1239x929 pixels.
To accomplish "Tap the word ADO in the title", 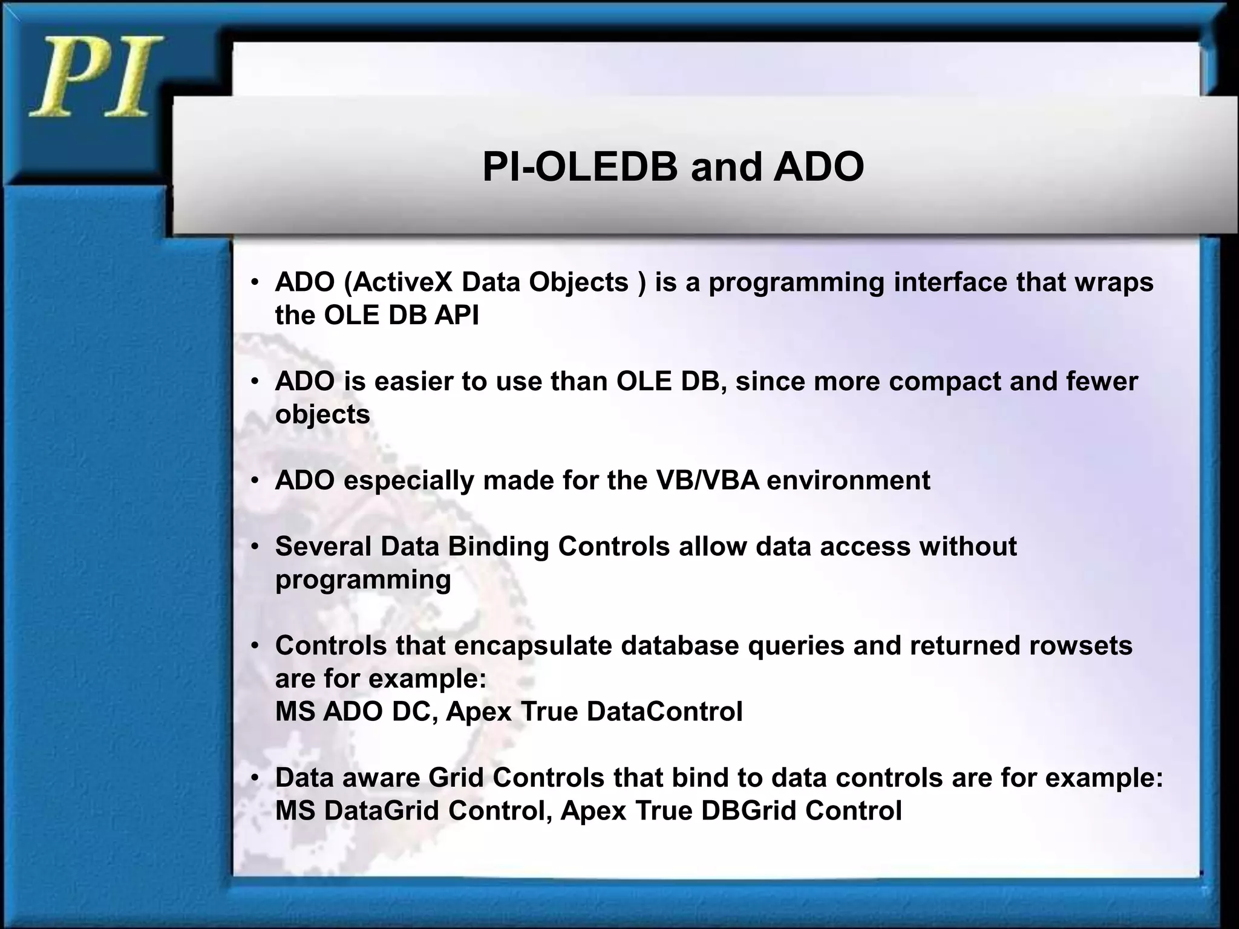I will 819,167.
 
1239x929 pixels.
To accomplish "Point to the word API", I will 456,315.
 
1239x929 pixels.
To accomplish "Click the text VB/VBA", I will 707,481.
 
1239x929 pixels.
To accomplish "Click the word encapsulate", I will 532,646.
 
